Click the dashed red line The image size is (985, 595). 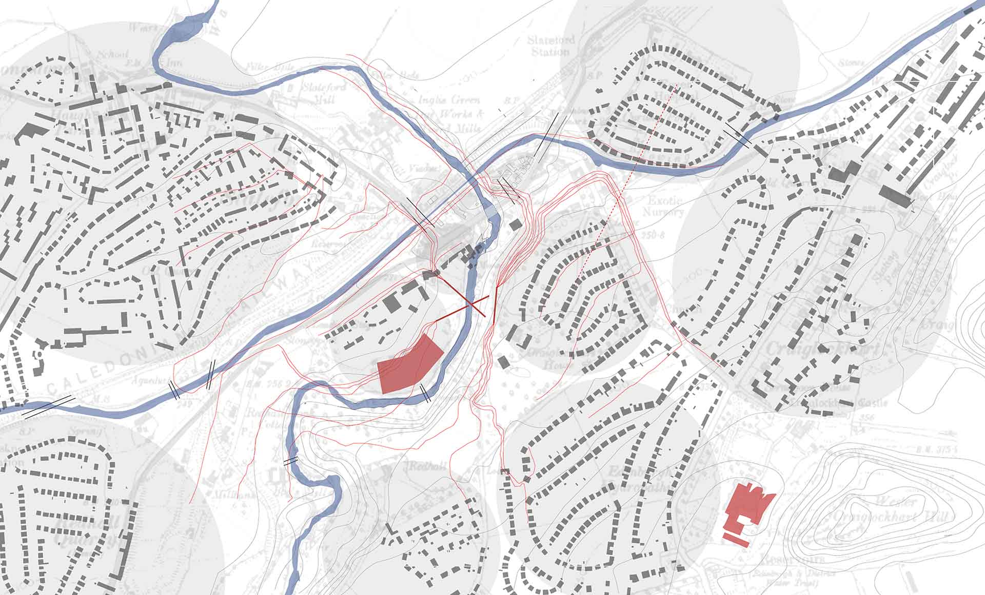636,164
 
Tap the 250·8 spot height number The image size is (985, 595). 653,235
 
